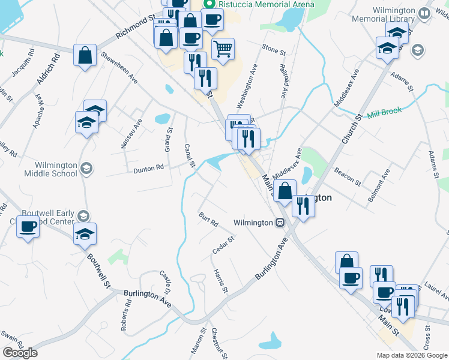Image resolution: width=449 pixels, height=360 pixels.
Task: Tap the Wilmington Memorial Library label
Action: tap(394, 15)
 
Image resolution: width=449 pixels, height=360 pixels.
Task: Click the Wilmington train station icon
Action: tap(280, 223)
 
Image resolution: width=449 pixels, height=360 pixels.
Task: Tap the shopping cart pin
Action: tap(223, 48)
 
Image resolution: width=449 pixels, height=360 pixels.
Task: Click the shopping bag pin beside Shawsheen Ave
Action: tap(85, 55)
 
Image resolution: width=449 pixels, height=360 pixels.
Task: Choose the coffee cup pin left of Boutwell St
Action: tap(28, 227)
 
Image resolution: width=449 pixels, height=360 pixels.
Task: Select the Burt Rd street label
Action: tap(208, 218)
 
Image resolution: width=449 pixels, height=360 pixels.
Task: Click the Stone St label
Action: tap(274, 49)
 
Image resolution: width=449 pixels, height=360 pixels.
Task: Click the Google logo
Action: tap(20, 353)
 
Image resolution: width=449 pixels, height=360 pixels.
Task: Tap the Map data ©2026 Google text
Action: tap(412, 355)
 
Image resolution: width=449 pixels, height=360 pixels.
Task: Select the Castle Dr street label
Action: tap(166, 283)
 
